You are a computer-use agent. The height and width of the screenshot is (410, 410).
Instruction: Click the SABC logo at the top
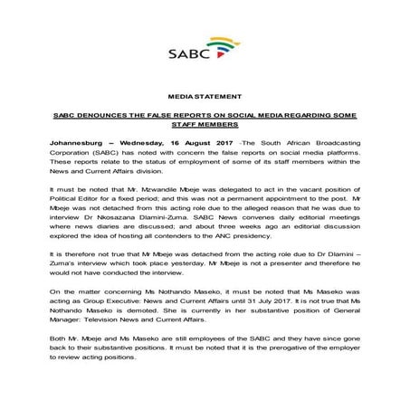click(x=204, y=52)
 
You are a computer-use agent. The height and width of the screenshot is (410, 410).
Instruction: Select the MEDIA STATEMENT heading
click(x=205, y=95)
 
